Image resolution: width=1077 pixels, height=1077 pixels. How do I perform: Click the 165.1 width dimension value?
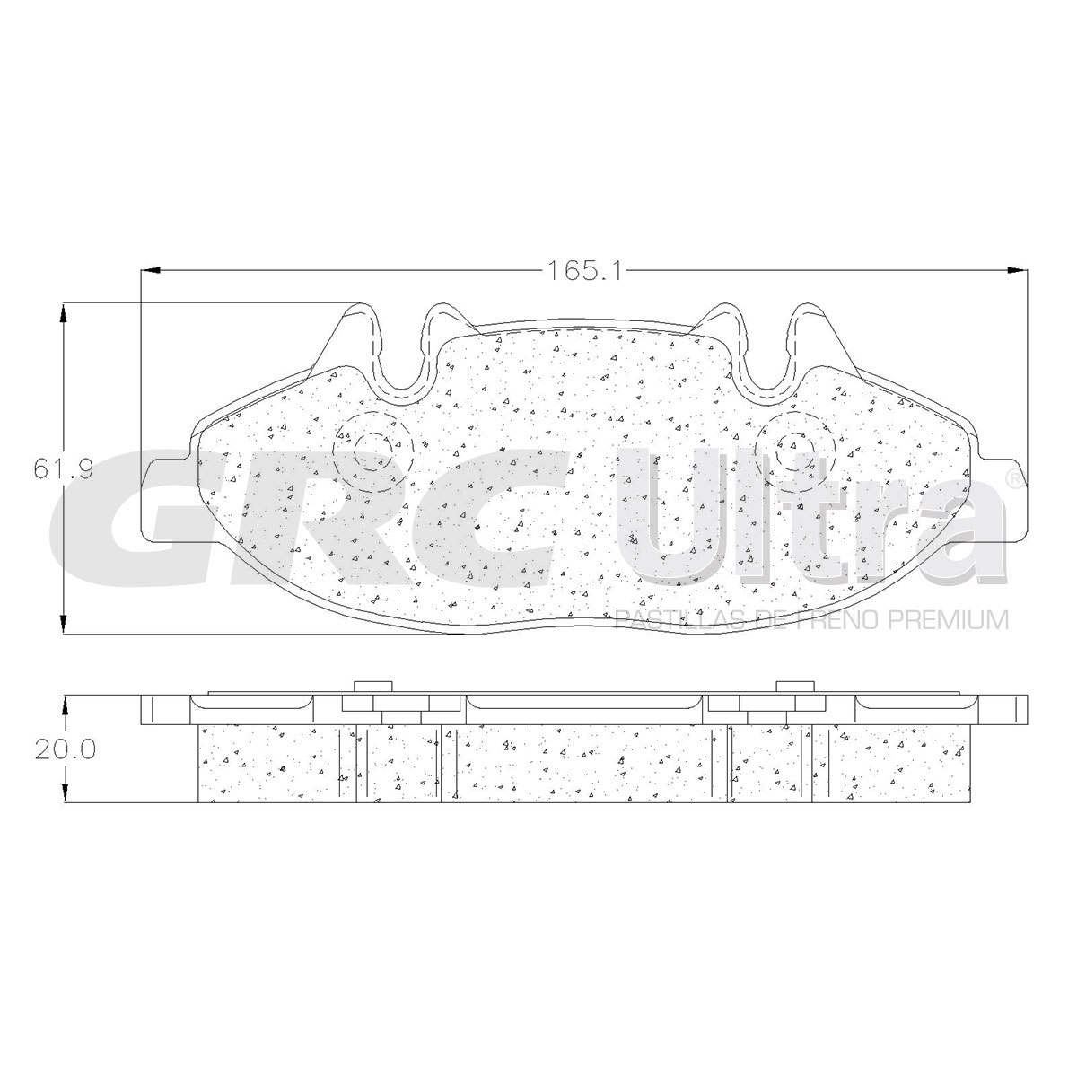[x=583, y=271]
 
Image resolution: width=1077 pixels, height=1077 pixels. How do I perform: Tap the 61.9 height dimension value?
[x=63, y=468]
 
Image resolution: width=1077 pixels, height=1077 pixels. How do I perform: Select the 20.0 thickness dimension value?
[x=65, y=750]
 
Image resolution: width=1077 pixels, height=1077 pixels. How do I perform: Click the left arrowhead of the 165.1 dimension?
[x=151, y=271]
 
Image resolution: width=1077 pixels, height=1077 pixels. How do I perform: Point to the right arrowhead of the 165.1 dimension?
[x=1017, y=271]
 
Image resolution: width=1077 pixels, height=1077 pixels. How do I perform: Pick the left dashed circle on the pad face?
[x=373, y=451]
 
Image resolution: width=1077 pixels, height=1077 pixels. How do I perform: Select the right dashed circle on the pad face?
[x=796, y=451]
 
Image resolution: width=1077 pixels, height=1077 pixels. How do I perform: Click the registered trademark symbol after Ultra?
[x=1015, y=479]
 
